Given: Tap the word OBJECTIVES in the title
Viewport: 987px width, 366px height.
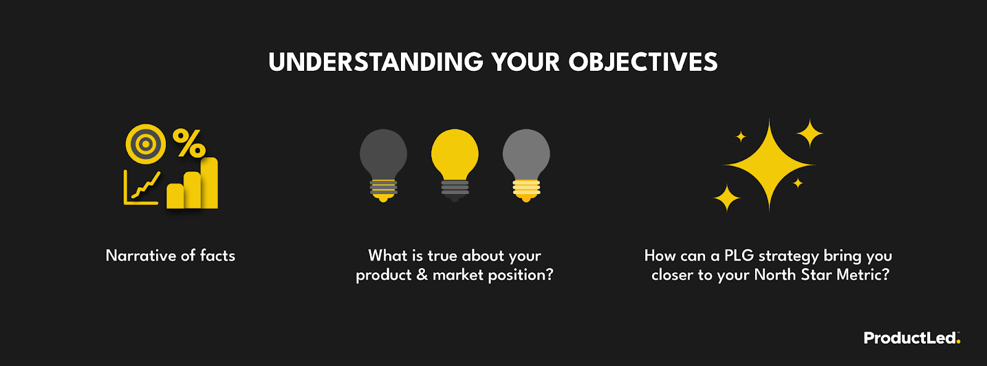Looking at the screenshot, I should tap(643, 62).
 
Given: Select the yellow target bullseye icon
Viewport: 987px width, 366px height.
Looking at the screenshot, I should tap(146, 144).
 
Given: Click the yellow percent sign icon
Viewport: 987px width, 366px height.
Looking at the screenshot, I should tap(189, 143).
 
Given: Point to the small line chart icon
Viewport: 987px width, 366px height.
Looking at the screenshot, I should tap(142, 188).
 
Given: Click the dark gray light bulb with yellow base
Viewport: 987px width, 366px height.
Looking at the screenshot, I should tap(383, 164).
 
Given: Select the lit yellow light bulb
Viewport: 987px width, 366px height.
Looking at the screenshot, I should tap(455, 164).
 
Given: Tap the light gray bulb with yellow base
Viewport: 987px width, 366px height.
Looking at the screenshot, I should tap(526, 164).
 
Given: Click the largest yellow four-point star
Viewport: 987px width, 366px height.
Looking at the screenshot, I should tap(769, 165).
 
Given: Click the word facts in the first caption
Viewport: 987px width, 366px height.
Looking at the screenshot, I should tap(217, 256).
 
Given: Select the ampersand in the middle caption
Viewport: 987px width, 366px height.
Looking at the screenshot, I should tap(422, 275).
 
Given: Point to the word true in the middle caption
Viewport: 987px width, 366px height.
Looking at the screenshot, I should tap(442, 256).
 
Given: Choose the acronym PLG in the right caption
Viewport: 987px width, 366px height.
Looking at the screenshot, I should tap(738, 256).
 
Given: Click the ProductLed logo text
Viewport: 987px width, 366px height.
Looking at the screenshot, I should tap(909, 338).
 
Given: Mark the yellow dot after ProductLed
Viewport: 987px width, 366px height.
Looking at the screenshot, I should tap(959, 342).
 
